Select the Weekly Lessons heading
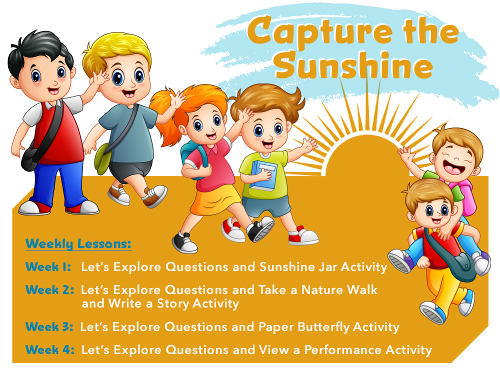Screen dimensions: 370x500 [78, 244]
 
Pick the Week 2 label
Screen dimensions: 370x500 [49, 289]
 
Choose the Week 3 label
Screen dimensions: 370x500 [49, 327]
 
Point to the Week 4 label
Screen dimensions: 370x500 [49, 349]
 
